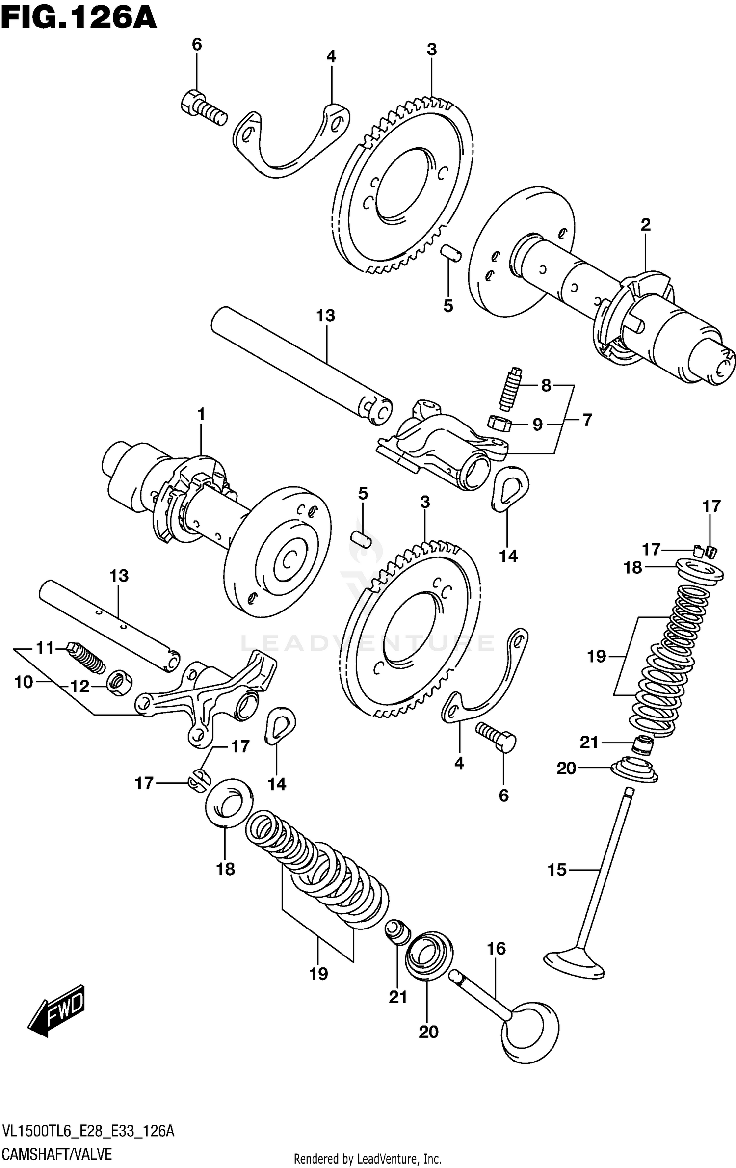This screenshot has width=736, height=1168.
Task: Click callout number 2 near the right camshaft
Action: [x=646, y=225]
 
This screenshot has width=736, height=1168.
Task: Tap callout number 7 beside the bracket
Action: [x=587, y=420]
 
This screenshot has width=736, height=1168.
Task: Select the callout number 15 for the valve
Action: [x=557, y=870]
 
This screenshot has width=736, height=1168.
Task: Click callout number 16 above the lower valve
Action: [x=496, y=948]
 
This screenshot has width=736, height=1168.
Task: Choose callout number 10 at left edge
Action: [x=24, y=682]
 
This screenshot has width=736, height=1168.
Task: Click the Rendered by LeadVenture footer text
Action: [x=368, y=1159]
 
